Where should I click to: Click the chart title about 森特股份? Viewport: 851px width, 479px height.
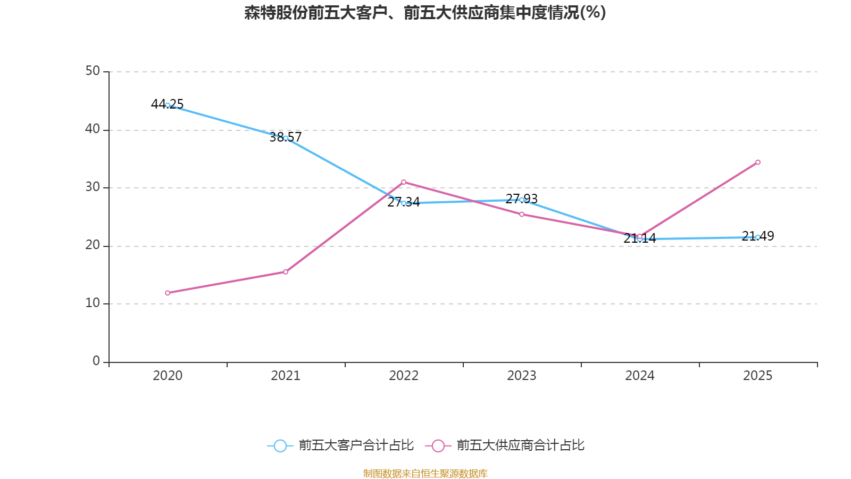click(x=425, y=12)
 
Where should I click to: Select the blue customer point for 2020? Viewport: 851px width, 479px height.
click(x=168, y=105)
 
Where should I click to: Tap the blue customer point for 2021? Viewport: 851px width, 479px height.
click(x=286, y=138)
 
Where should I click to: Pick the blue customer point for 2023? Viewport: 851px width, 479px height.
click(x=522, y=200)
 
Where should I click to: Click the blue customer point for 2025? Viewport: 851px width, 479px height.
click(x=757, y=237)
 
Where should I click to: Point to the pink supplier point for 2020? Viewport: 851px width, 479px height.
click(x=168, y=293)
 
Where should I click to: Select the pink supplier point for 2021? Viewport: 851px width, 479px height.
click(x=286, y=272)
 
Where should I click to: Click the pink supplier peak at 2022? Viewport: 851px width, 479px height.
click(x=404, y=182)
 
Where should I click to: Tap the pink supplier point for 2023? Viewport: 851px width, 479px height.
click(x=522, y=214)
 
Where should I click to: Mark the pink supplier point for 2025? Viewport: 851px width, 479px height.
click(x=757, y=162)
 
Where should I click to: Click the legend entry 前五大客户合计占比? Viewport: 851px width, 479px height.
click(x=355, y=445)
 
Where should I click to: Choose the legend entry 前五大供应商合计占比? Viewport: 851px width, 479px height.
click(x=520, y=445)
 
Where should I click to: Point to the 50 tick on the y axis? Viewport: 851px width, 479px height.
click(x=93, y=71)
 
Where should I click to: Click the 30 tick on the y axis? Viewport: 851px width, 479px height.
click(x=93, y=187)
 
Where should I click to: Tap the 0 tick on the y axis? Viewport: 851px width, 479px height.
click(x=96, y=361)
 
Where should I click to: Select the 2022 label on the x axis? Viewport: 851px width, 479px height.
click(x=404, y=376)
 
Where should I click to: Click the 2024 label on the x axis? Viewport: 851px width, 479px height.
click(x=639, y=376)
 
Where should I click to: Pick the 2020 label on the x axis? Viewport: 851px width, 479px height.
click(x=168, y=376)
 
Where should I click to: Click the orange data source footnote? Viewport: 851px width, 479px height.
click(x=425, y=473)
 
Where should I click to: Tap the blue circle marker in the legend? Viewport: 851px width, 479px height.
click(x=280, y=445)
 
